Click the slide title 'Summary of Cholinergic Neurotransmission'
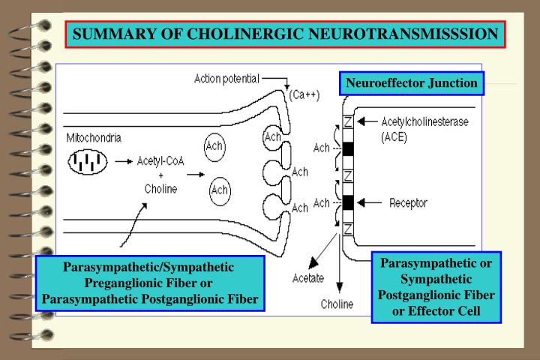click(x=285, y=34)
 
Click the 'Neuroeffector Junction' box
click(x=412, y=82)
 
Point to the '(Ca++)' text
click(x=303, y=96)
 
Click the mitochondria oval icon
click(x=88, y=161)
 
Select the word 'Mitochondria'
click(x=94, y=138)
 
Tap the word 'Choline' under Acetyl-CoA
click(x=161, y=189)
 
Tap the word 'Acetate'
click(x=308, y=280)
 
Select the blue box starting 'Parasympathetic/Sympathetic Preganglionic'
click(x=150, y=284)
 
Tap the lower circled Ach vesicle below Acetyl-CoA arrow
click(x=220, y=190)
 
